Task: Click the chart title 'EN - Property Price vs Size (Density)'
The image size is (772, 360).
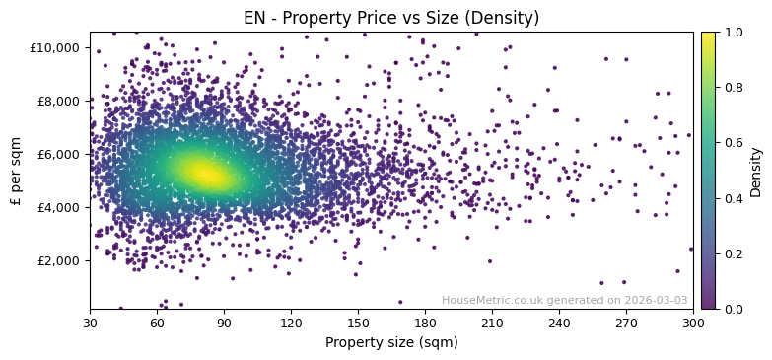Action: click(x=391, y=18)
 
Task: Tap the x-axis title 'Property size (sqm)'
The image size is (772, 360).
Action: click(x=391, y=342)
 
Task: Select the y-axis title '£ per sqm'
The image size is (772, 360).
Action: click(x=16, y=171)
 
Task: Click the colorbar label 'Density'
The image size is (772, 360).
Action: click(x=756, y=171)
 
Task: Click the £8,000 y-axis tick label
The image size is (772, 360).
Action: click(x=60, y=101)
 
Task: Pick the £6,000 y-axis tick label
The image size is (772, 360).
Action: click(x=60, y=154)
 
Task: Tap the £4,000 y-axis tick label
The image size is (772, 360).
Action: click(x=60, y=207)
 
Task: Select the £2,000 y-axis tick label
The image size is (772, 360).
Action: click(x=60, y=260)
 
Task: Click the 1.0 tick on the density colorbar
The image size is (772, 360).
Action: click(x=734, y=32)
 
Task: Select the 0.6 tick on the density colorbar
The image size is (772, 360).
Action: click(x=734, y=143)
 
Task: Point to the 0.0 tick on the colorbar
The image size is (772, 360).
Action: click(x=734, y=309)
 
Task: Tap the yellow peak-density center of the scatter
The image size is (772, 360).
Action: click(x=205, y=174)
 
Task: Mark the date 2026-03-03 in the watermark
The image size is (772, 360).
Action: click(x=658, y=300)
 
